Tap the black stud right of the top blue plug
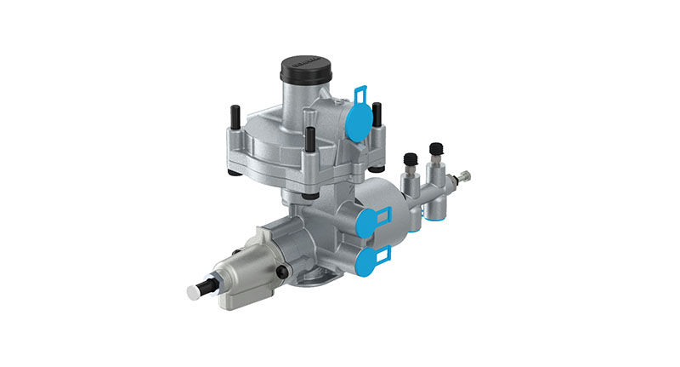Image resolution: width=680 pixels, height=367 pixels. (x=377, y=112)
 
